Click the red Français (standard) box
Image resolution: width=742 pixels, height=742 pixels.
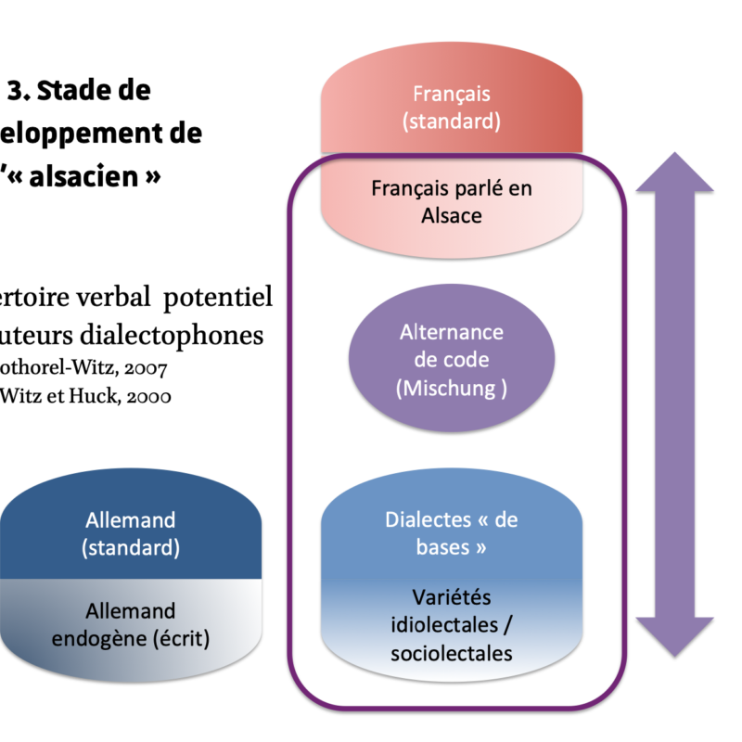pyautogui.click(x=452, y=108)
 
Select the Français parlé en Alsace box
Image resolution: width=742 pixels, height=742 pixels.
pyautogui.click(x=452, y=200)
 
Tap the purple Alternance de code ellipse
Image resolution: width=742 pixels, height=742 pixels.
pyautogui.click(x=452, y=360)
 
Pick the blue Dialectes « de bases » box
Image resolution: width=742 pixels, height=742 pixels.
pyautogui.click(x=452, y=533)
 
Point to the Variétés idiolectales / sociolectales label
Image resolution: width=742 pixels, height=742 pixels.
pyautogui.click(x=452, y=624)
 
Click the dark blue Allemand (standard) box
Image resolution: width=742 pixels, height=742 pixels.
pyautogui.click(x=130, y=533)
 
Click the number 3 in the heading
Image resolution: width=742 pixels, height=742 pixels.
pyautogui.click(x=16, y=91)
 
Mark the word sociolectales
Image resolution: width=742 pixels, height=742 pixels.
pyautogui.click(x=452, y=653)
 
